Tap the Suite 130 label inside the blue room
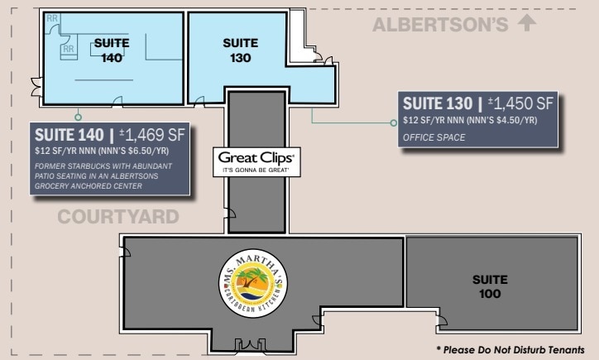[x=241, y=50]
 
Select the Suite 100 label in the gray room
[x=491, y=286]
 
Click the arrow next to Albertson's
[x=525, y=23]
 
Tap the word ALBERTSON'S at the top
[x=439, y=25]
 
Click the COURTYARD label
[x=117, y=218]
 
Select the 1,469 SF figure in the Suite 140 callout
[x=156, y=134]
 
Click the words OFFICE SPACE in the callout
[x=434, y=137]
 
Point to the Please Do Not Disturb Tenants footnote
[x=515, y=350]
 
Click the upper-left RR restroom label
[x=52, y=18]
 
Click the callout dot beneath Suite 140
[x=78, y=118]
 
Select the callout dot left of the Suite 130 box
[x=393, y=123]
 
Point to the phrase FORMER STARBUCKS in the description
[x=71, y=166]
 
